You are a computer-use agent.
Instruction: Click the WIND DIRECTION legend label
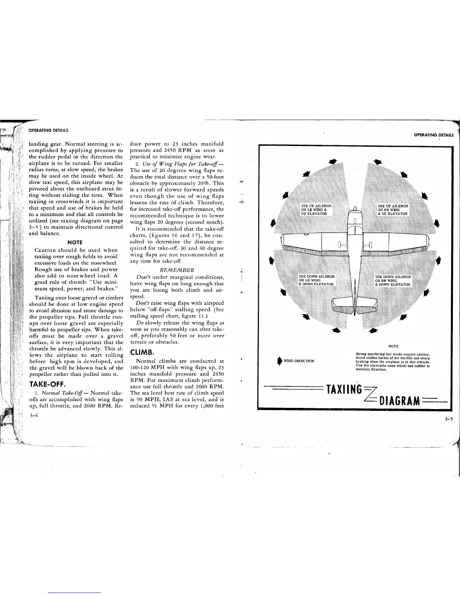[299, 361]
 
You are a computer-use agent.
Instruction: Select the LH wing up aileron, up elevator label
[316, 210]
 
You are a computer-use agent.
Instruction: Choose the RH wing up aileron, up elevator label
[393, 210]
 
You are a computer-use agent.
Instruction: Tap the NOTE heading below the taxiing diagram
[393, 346]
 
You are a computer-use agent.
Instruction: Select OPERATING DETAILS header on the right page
[434, 135]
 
